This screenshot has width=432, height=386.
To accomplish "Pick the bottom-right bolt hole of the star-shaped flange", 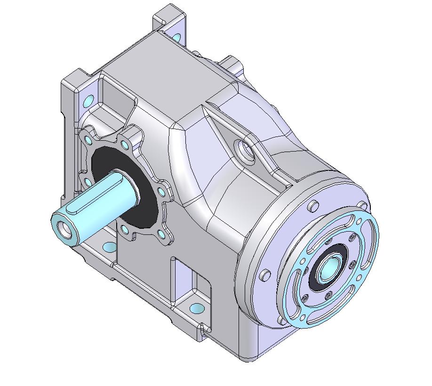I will click(161, 233).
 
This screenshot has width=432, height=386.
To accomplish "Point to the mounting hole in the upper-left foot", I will click(88, 100).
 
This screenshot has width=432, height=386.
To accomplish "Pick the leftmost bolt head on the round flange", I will click(265, 274).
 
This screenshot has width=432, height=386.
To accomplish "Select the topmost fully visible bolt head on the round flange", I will click(312, 206).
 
